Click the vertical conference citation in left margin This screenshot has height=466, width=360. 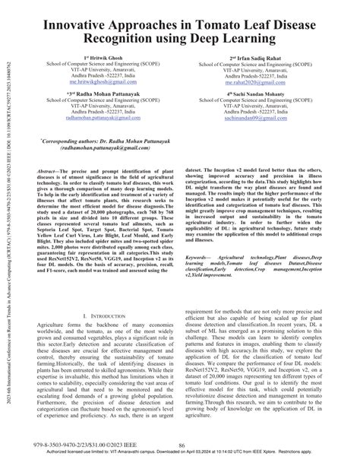[x=10, y=228]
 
